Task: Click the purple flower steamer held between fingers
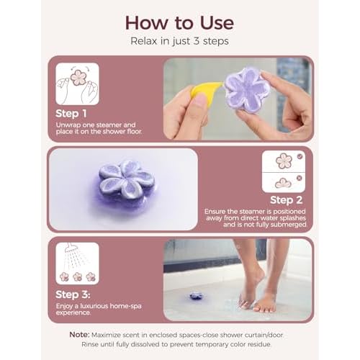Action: click(246, 91)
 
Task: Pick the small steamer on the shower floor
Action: click(196, 296)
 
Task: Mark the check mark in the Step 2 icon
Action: click(300, 156)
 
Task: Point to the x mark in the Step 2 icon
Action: click(300, 178)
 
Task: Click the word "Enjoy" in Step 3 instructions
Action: click(67, 306)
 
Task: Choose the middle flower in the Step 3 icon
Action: click(77, 276)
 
